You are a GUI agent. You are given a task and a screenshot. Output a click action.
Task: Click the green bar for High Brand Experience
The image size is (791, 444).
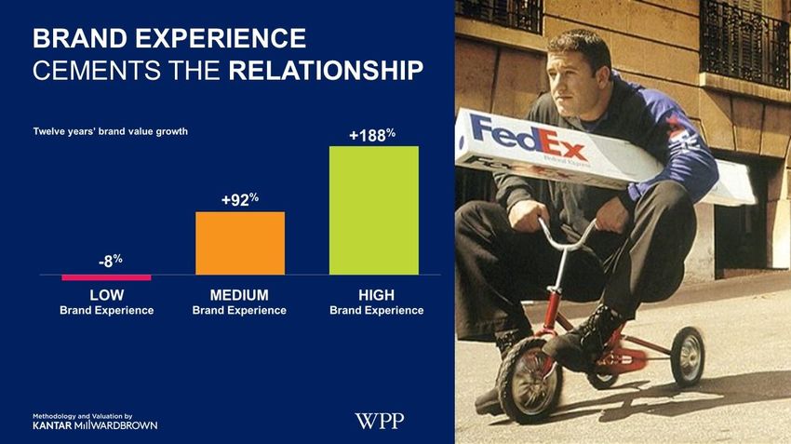374,210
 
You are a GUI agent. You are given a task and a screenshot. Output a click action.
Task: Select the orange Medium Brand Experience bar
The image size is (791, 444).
240,243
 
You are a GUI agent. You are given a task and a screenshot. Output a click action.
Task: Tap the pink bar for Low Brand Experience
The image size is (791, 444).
106,277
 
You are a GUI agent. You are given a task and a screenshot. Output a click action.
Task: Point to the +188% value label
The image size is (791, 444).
372,135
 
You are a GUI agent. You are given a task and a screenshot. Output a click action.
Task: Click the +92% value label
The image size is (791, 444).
240,200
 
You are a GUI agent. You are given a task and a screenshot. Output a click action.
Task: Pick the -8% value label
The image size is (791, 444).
111,261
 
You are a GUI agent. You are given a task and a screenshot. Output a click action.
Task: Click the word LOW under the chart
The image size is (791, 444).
107,295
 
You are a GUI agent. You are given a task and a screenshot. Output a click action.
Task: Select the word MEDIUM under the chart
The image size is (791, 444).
239,295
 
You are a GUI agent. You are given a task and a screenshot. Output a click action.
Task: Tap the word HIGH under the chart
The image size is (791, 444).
376,295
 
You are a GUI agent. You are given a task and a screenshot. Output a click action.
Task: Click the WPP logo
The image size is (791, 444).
380,421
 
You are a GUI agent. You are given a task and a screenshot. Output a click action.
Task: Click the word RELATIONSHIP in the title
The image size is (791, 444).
326,71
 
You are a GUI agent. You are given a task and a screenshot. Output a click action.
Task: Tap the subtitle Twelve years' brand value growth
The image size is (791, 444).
111,131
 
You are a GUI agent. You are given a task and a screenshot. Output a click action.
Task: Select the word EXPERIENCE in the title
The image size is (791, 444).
221,39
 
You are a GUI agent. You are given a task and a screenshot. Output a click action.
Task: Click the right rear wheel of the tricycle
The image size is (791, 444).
688,357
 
